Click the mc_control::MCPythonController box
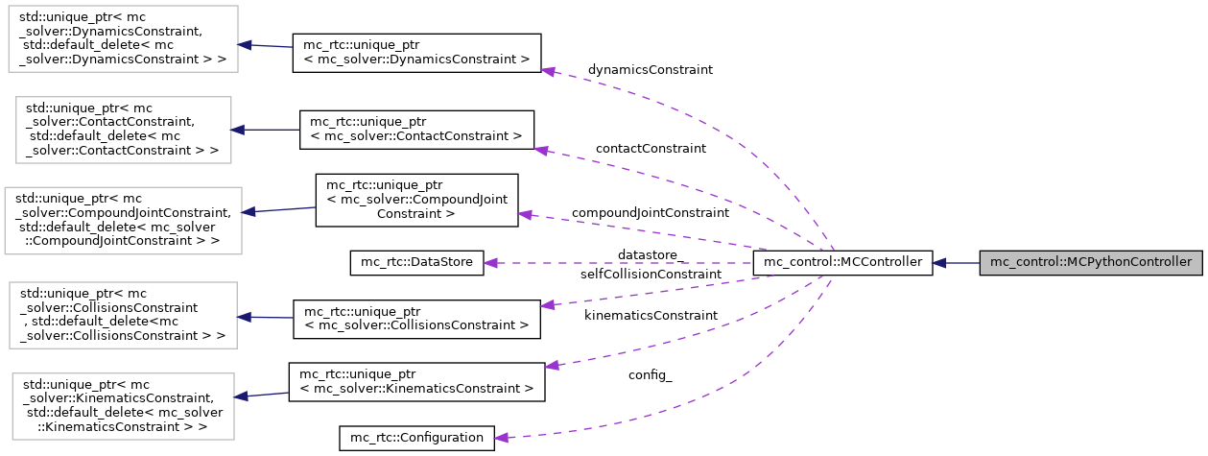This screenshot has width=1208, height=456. tap(1090, 262)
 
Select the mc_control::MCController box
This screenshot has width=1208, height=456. tap(842, 262)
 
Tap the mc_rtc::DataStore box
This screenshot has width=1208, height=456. tap(416, 262)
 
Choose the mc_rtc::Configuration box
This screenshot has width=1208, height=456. tap(416, 438)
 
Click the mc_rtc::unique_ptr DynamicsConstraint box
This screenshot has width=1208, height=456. tap(415, 52)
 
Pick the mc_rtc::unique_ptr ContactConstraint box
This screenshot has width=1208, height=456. tap(416, 129)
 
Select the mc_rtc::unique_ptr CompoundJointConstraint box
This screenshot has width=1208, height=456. tap(416, 200)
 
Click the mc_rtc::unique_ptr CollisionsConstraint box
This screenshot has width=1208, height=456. tap(415, 318)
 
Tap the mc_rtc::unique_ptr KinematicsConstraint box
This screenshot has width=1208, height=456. tap(416, 381)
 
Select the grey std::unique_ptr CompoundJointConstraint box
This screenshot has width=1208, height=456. tap(123, 220)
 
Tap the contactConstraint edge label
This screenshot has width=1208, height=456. tap(650, 149)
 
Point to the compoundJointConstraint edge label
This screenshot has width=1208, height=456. tap(650, 211)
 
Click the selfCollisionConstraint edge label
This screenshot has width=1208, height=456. tap(651, 275)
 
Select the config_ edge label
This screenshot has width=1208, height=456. tap(650, 375)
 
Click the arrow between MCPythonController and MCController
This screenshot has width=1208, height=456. tap(956, 262)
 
